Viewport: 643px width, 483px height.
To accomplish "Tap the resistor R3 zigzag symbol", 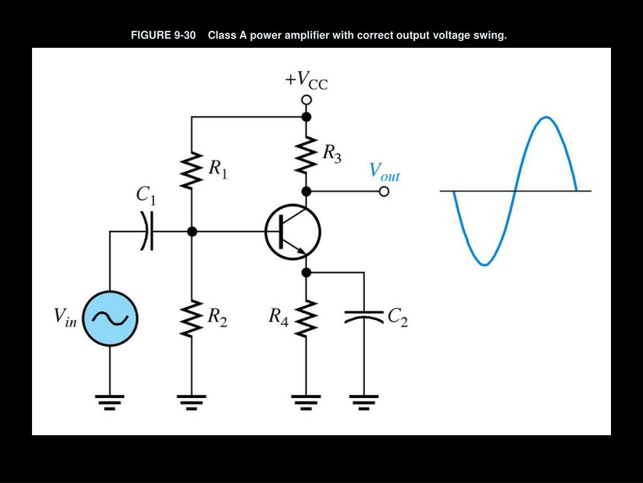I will click(306, 155).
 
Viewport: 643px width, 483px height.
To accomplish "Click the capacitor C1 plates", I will click(147, 231).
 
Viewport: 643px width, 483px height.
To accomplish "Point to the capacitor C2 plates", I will click(364, 316).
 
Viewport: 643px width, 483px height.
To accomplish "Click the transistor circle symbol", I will click(293, 232).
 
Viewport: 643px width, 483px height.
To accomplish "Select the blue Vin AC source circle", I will click(110, 318).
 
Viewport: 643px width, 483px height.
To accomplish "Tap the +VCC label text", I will click(306, 80).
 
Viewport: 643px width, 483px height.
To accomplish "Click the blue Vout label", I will click(384, 171).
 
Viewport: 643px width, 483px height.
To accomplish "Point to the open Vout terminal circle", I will click(384, 192).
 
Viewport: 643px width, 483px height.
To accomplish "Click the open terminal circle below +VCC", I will click(306, 100).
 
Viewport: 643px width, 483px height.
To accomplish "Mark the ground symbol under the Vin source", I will click(110, 401).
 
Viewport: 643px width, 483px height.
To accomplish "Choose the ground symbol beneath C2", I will click(364, 401).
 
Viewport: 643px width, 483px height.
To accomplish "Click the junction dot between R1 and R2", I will click(192, 231).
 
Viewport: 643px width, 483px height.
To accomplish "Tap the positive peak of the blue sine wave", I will click(546, 118).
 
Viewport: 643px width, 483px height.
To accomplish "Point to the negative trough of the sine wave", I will click(484, 264).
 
